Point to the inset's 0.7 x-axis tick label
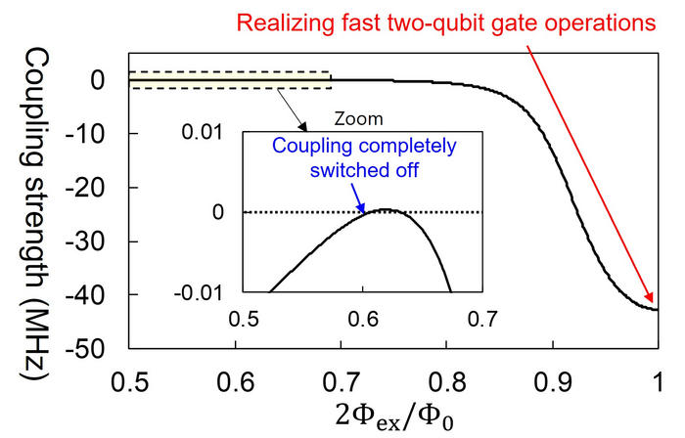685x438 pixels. [482, 318]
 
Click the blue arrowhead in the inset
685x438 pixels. [363, 208]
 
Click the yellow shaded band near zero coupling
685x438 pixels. [230, 80]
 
